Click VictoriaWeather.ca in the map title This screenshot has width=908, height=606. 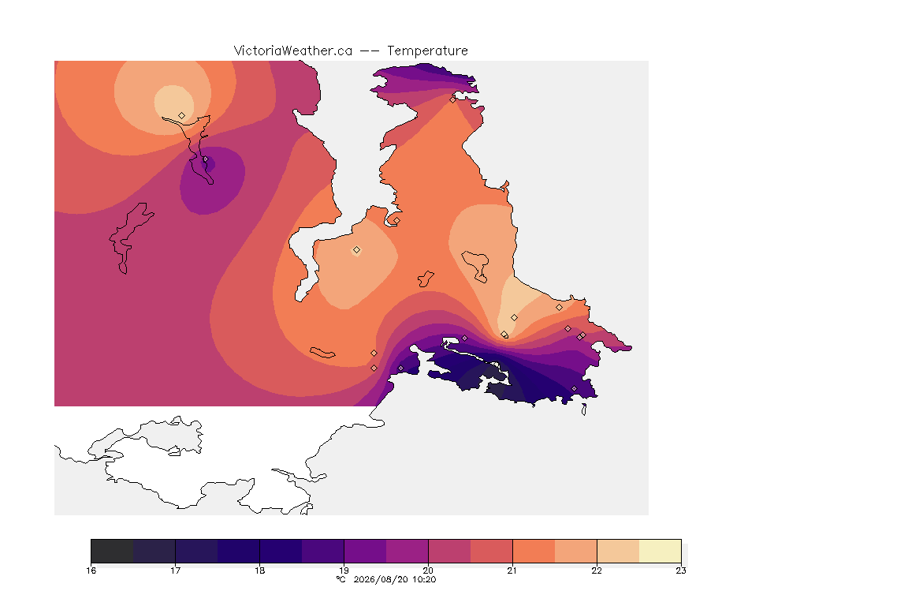293,51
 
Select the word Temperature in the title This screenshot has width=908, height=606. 427,51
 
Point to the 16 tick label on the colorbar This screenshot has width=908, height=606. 91,570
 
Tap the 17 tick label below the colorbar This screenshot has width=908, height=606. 176,570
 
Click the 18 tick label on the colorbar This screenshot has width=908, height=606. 260,570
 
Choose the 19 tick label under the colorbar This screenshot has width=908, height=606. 344,570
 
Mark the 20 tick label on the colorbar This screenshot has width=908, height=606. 429,570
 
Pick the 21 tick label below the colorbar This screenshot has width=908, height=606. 512,570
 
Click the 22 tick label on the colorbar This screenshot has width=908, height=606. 597,570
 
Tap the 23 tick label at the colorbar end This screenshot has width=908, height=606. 681,570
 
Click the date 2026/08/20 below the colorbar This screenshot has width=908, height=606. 381,579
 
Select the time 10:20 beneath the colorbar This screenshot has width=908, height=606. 424,579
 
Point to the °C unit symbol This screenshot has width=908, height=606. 341,579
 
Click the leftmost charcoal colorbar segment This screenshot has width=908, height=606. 113,551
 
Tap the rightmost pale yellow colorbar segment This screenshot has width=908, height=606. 661,551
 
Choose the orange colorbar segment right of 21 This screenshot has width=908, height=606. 534,551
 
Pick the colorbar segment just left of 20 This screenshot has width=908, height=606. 407,551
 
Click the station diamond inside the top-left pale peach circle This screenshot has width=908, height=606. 182,116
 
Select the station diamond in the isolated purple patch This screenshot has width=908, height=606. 205,159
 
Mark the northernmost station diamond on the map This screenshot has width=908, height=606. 453,99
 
